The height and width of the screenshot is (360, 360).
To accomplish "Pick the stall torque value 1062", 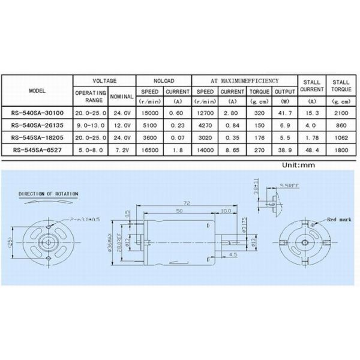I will pyautogui.click(x=340, y=137).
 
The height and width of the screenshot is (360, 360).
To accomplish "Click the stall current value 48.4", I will pyautogui.click(x=311, y=148).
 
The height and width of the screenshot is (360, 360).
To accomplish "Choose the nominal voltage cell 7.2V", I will pyautogui.click(x=122, y=148).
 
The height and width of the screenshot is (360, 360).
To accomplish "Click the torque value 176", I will pyautogui.click(x=259, y=137).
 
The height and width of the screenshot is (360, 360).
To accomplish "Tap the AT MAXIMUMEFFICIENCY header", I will pyautogui.click(x=245, y=80).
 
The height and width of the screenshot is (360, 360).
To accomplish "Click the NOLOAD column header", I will pyautogui.click(x=163, y=80).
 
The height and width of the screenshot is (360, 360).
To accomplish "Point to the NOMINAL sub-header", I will pyautogui.click(x=122, y=96).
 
